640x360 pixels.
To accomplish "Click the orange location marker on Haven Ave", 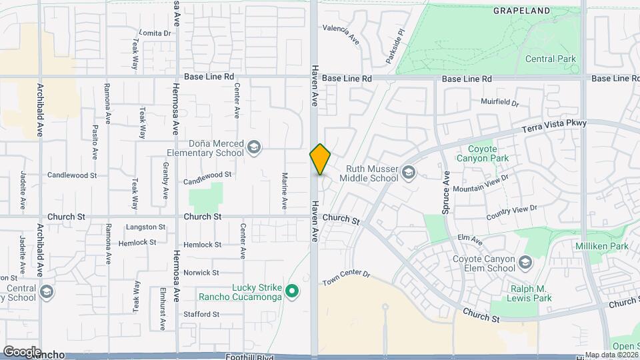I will point(320,159).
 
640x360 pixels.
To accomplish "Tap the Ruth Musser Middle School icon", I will point(408,174).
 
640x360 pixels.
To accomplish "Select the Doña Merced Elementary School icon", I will point(253,147).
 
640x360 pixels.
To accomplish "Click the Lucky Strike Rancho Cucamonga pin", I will point(291,291).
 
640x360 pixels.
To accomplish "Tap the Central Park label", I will point(550,59).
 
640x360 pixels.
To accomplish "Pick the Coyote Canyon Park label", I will point(482,159).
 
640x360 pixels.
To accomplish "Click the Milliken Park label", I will point(602,246).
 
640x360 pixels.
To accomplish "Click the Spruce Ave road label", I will point(446,192).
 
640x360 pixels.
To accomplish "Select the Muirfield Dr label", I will point(500,102).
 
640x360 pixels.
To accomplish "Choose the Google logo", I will point(22,351).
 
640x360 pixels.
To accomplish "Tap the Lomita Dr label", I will point(155,33).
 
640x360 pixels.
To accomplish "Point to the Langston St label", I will point(145,227).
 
